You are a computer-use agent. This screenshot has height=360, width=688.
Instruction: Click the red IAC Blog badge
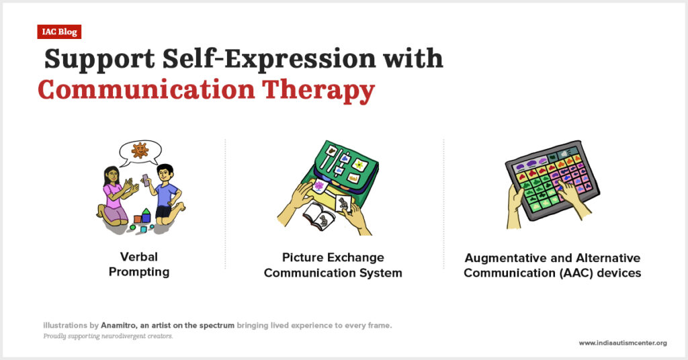[59, 32]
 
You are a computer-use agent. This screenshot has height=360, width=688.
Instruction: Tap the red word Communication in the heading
[146, 89]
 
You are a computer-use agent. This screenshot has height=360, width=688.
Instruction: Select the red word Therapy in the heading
[318, 91]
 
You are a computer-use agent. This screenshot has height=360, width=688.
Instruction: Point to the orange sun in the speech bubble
[140, 150]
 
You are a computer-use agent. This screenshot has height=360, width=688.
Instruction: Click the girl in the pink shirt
[115, 196]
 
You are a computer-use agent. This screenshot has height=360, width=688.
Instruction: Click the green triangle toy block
[146, 212]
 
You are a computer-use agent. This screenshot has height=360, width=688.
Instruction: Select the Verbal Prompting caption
[139, 265]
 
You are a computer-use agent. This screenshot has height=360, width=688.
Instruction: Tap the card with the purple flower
[319, 186]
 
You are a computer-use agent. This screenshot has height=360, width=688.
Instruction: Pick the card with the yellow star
[360, 165]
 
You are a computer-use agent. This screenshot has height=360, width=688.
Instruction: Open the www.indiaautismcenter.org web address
[623, 343]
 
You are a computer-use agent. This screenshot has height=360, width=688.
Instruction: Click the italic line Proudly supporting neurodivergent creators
[108, 336]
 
